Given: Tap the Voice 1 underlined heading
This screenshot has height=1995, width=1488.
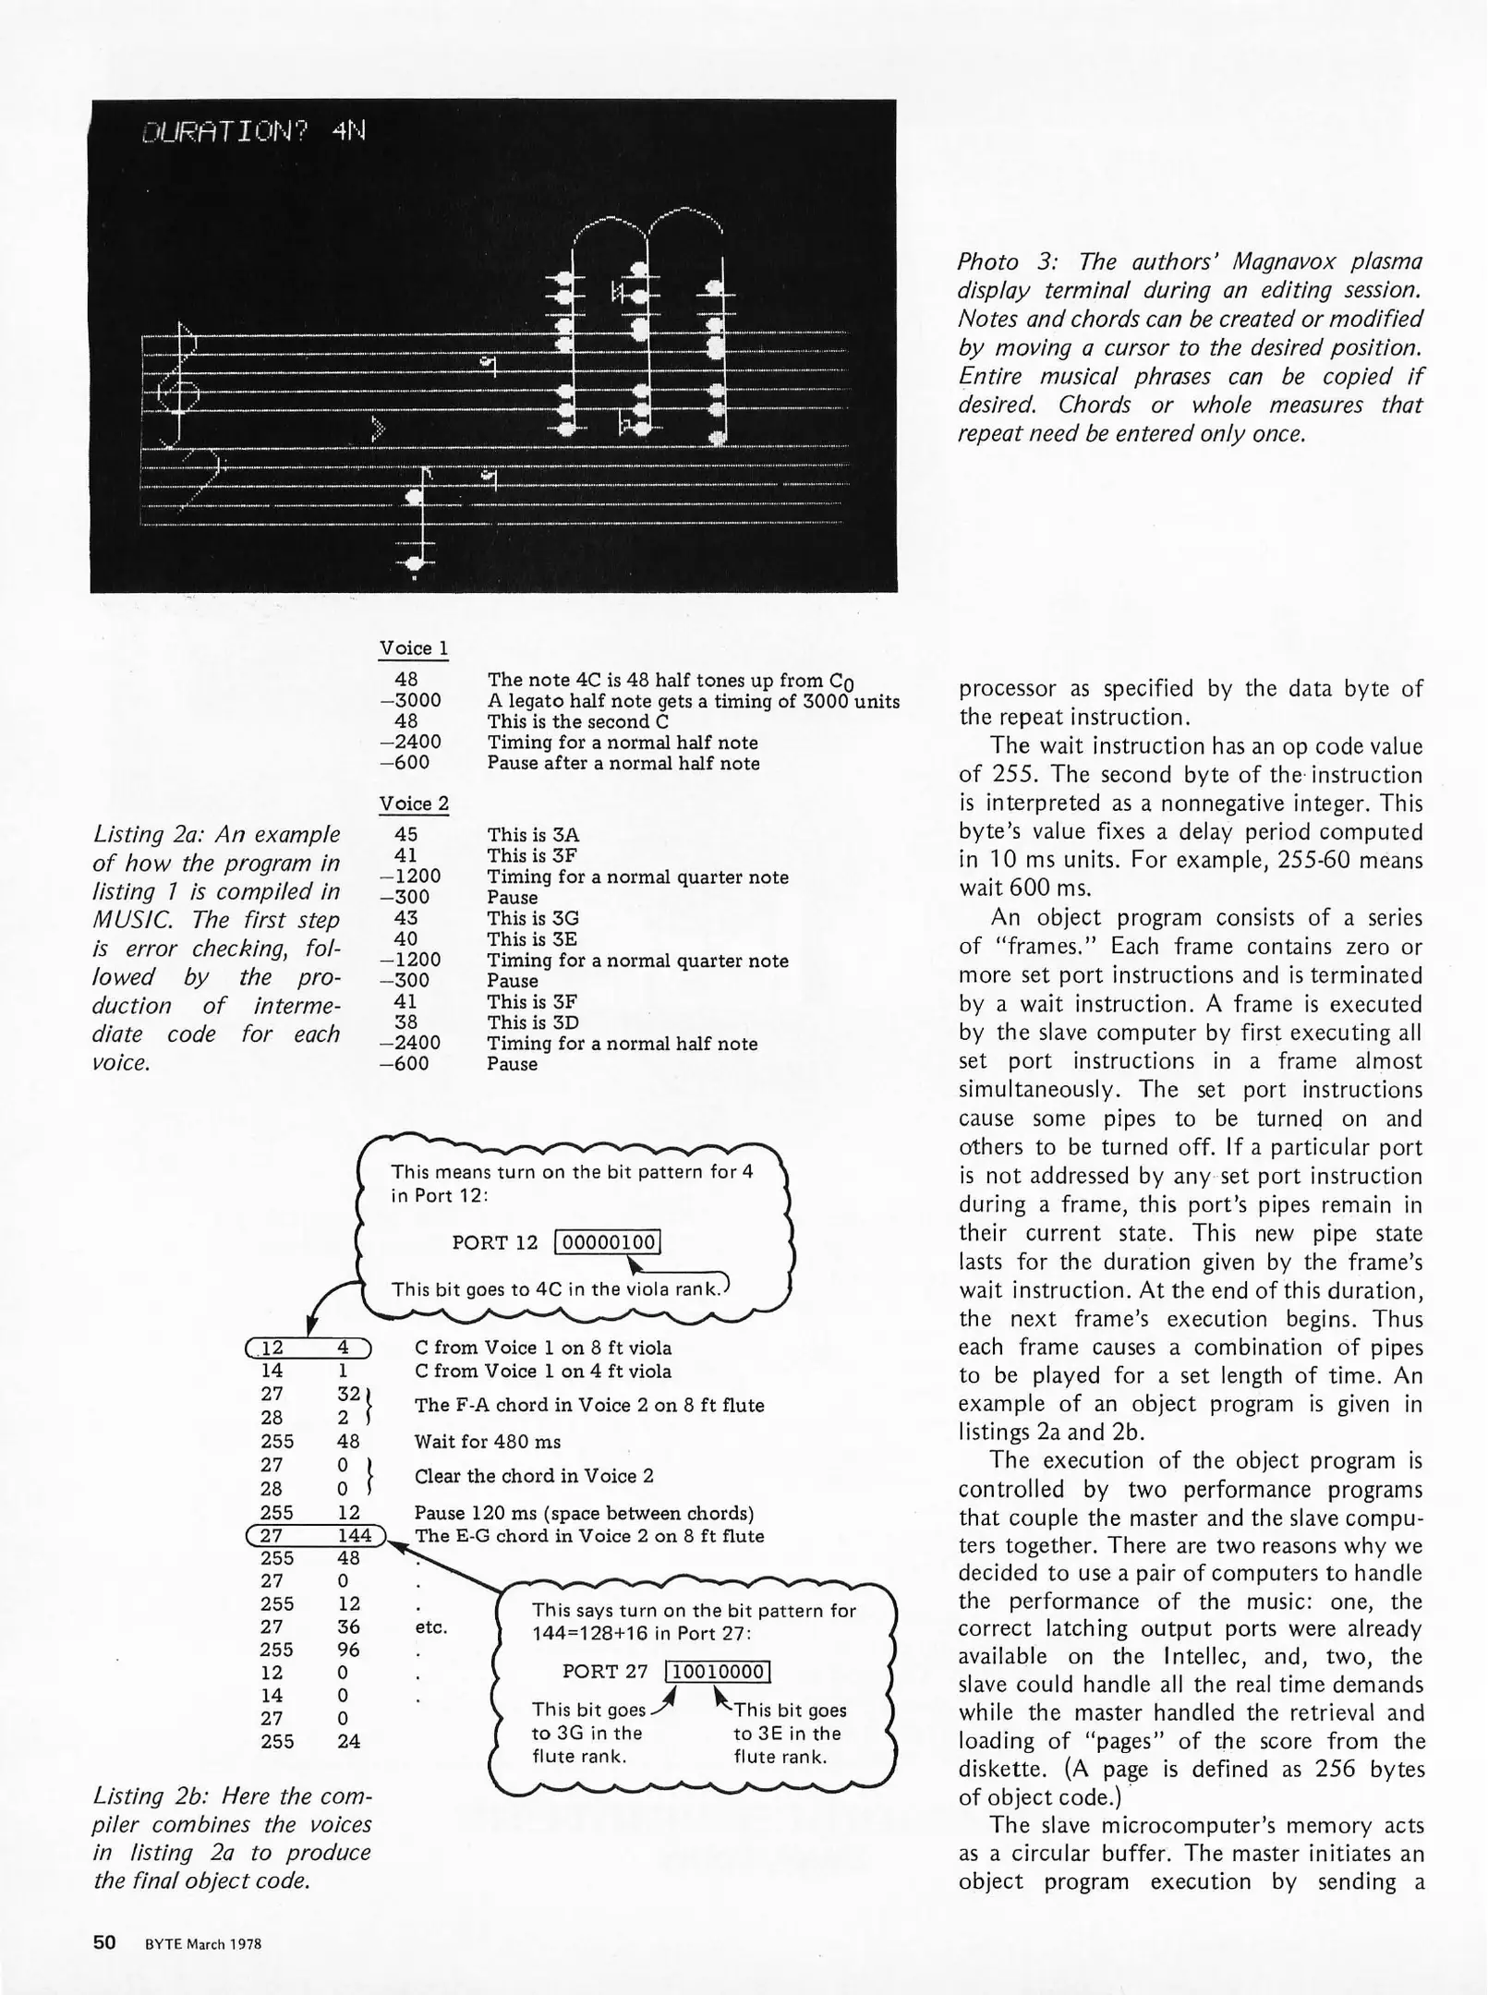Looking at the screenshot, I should click(413, 648).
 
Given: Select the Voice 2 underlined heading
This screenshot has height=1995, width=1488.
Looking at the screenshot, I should click(413, 804).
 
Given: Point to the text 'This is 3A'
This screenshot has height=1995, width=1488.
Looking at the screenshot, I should click(533, 835).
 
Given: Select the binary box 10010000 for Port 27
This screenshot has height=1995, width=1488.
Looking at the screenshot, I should click(718, 1672).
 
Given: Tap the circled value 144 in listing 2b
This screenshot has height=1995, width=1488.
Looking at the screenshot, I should click(355, 1536).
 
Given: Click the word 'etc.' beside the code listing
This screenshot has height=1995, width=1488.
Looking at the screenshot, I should click(431, 1627).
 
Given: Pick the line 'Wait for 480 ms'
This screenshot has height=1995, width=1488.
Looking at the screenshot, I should click(488, 1442).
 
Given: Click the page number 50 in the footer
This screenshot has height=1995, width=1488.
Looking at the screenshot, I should click(104, 1942).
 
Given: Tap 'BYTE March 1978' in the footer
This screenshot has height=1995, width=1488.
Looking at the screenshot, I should click(203, 1944).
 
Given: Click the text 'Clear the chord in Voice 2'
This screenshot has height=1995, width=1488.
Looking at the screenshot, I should click(534, 1476).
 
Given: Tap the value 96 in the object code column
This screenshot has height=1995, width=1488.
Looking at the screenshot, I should click(348, 1650).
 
